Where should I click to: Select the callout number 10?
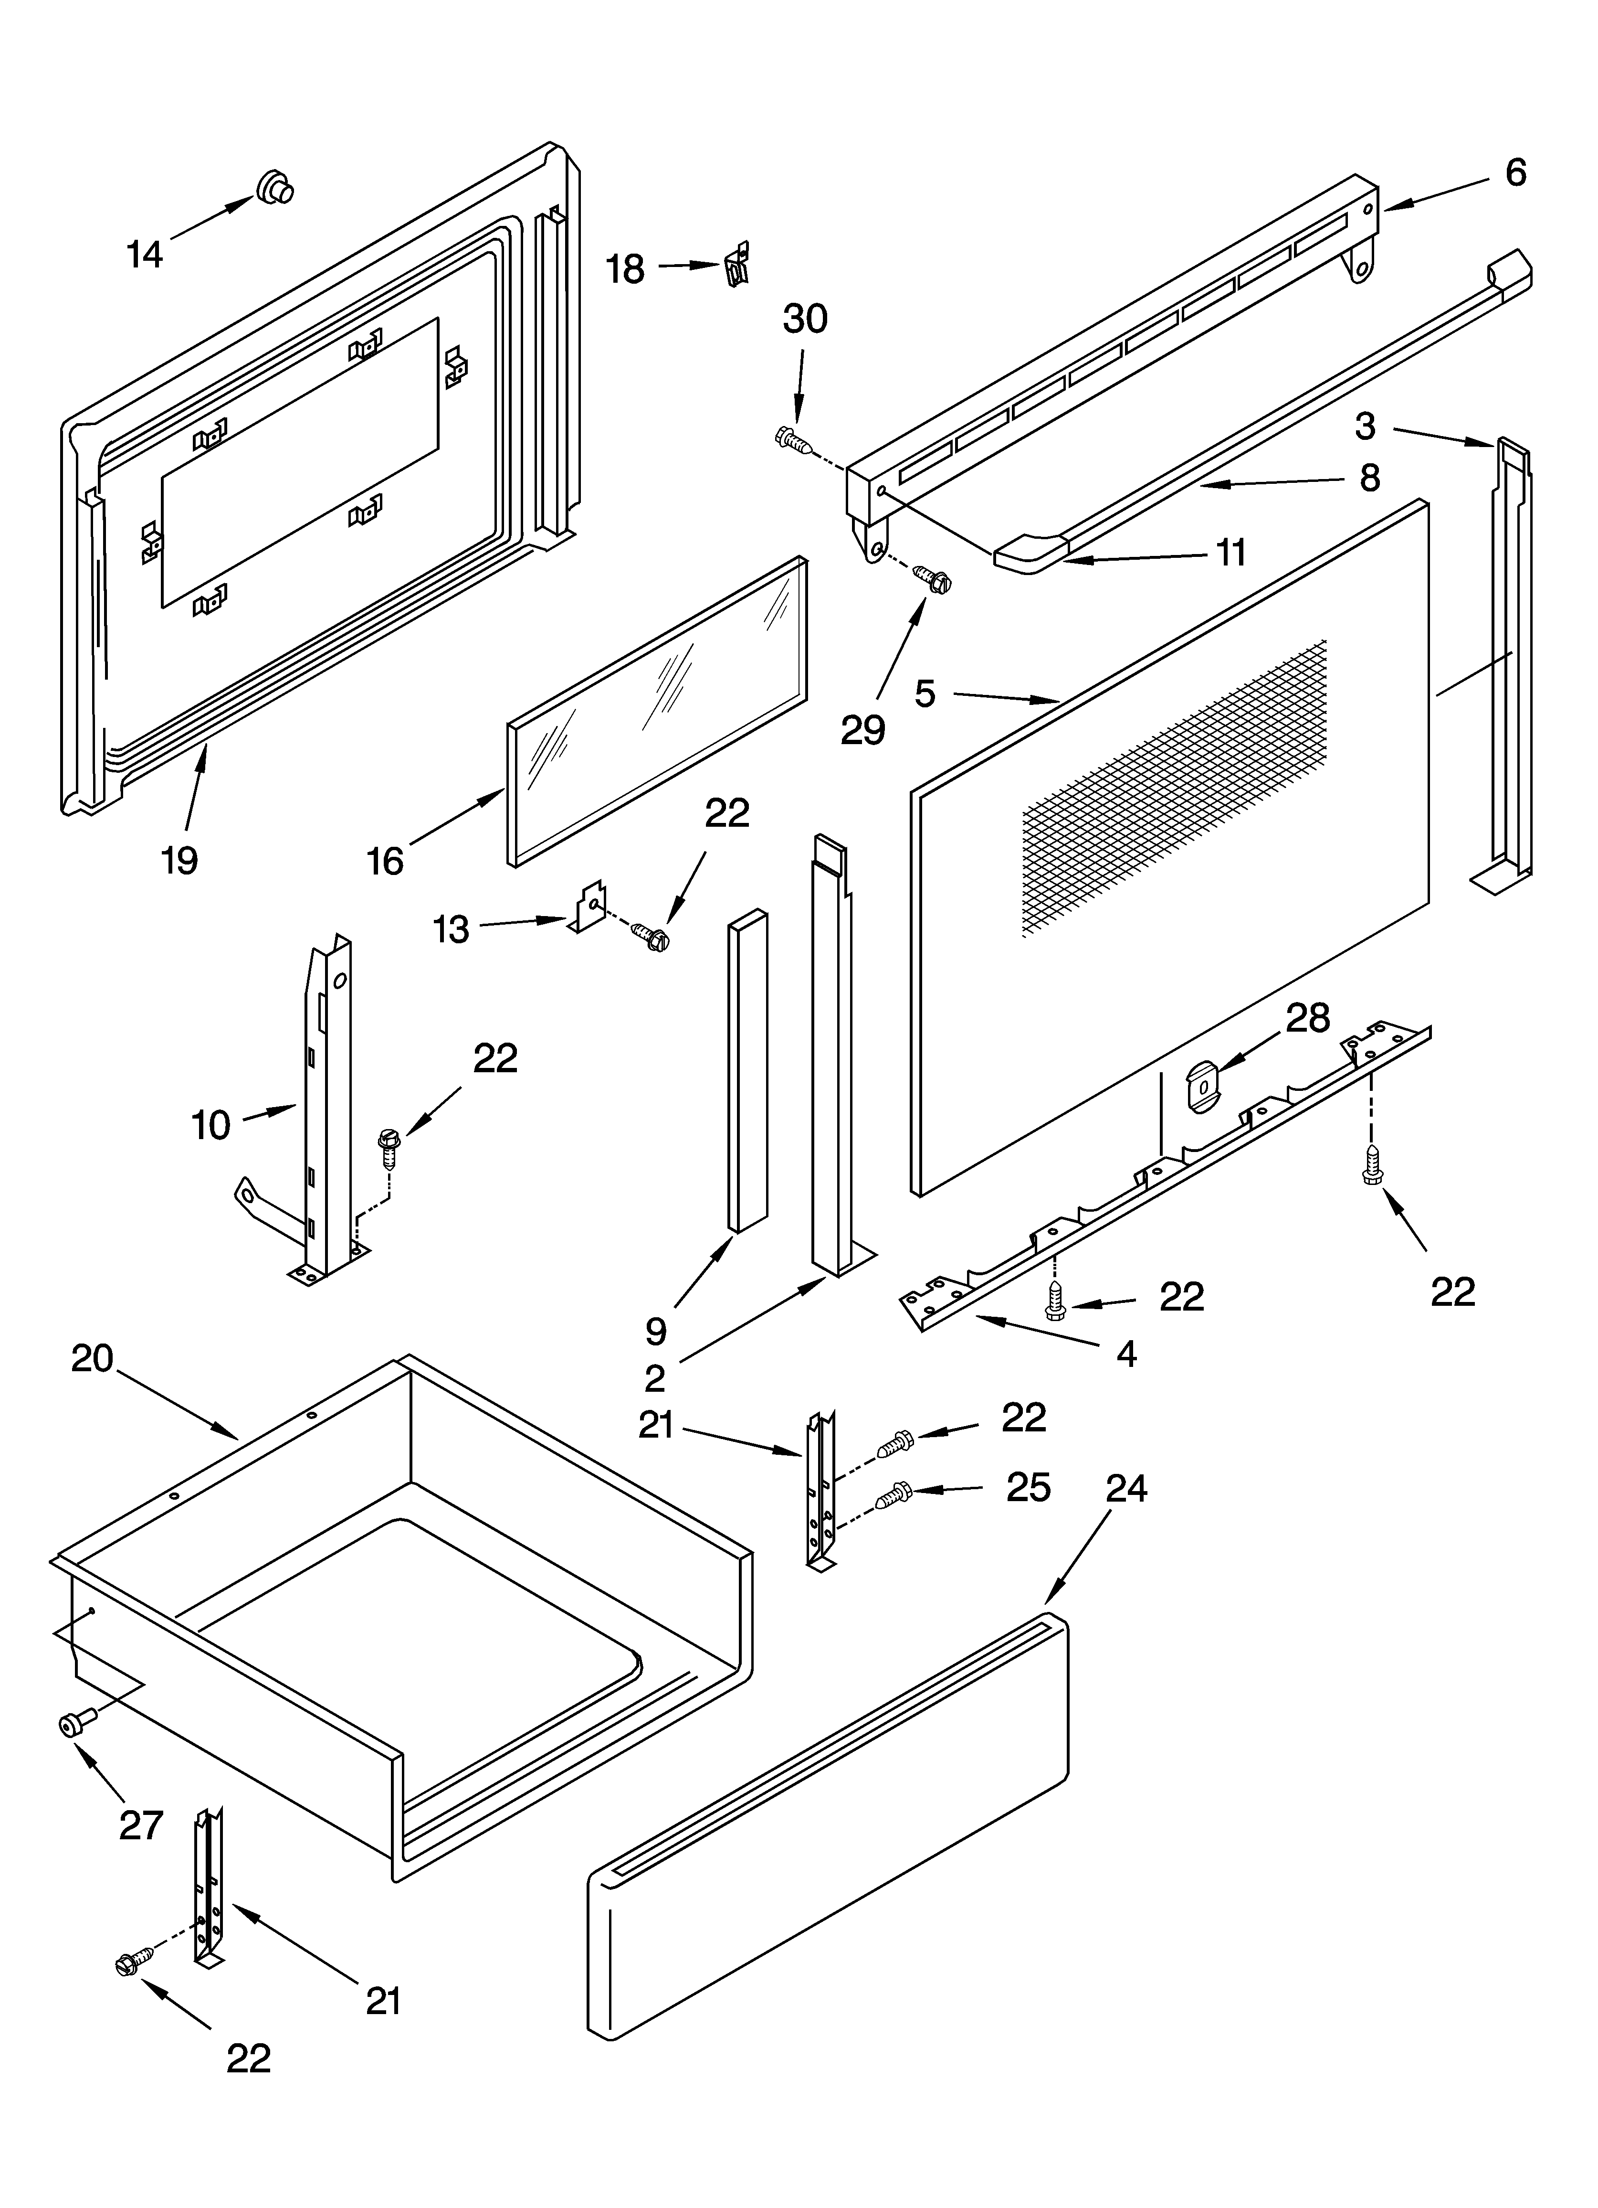click(210, 1124)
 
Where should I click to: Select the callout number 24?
click(1126, 1489)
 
